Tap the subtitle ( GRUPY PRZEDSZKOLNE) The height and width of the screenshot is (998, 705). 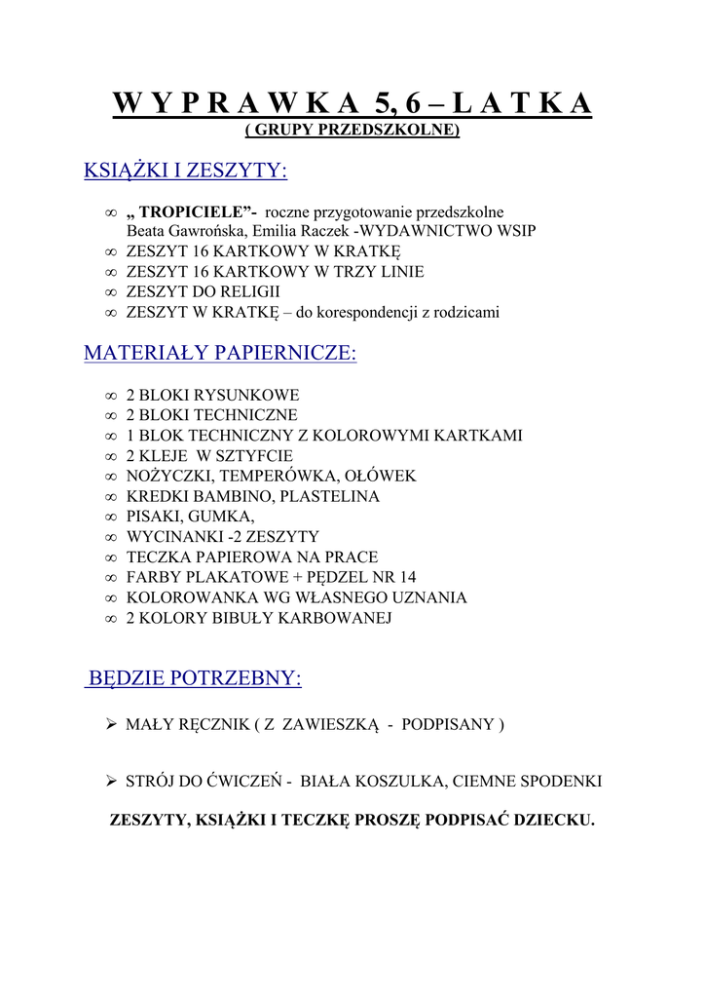click(352, 130)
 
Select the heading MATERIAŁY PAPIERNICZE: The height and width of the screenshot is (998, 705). click(220, 353)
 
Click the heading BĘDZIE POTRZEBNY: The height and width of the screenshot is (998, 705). click(195, 678)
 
